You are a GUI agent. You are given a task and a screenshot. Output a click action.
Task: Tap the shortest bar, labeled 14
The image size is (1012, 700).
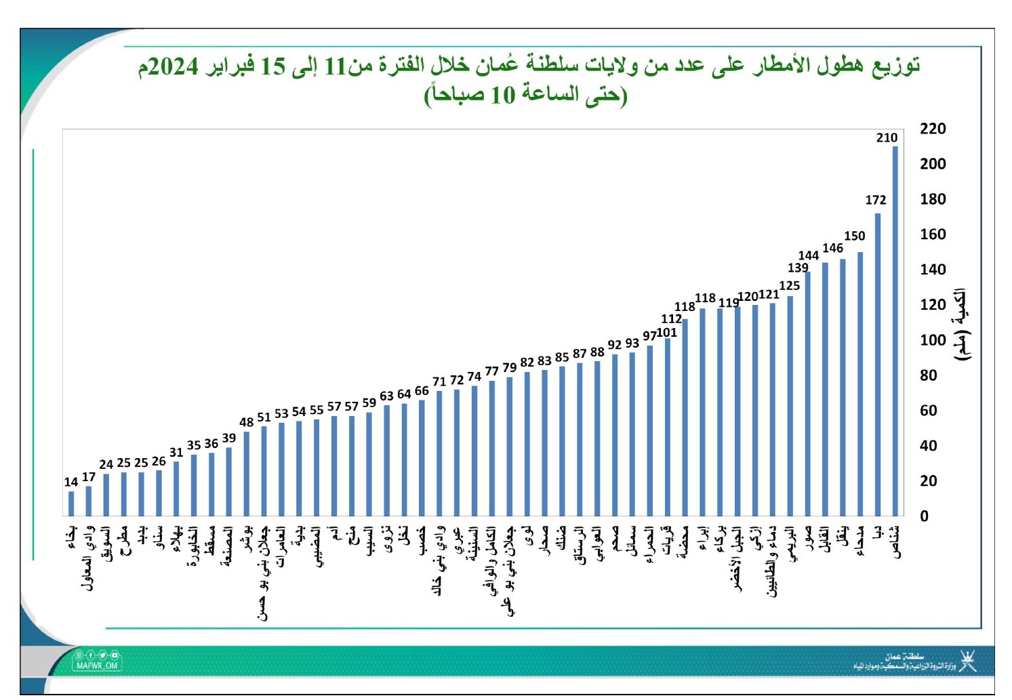(x=71, y=503)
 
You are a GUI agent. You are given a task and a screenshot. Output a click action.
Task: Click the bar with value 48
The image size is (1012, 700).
(x=247, y=474)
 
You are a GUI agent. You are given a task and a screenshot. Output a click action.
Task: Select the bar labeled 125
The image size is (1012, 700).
(x=790, y=406)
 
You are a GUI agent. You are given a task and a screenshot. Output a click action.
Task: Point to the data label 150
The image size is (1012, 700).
(x=854, y=236)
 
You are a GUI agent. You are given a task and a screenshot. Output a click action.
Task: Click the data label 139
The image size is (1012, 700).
(x=798, y=268)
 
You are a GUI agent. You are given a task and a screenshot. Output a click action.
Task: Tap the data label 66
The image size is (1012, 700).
(x=422, y=391)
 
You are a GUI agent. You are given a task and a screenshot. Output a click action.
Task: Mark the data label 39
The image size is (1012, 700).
(x=229, y=438)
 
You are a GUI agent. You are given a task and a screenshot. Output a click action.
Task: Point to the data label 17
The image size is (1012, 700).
(x=89, y=477)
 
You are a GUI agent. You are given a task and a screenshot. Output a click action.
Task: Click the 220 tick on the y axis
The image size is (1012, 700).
(x=933, y=129)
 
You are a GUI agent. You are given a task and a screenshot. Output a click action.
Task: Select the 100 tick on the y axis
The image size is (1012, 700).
(x=933, y=340)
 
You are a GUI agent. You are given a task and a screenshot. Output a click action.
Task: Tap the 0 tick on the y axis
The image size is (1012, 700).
(x=925, y=516)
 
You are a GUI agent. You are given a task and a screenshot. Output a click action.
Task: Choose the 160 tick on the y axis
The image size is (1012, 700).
(x=933, y=234)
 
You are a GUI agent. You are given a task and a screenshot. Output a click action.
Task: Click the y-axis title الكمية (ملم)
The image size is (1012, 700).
(x=960, y=324)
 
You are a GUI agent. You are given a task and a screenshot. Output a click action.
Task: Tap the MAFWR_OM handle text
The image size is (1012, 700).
(x=97, y=665)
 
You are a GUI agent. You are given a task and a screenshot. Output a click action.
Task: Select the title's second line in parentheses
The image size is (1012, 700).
(x=525, y=96)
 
